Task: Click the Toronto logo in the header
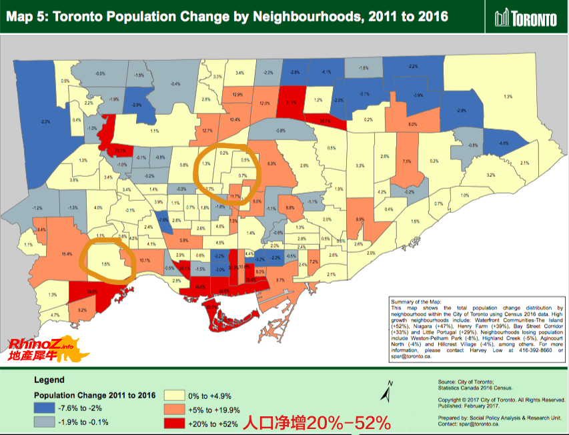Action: tap(526, 18)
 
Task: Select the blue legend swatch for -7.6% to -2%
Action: tap(51, 408)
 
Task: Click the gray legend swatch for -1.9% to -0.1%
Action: tap(51, 422)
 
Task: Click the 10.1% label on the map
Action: tap(145, 261)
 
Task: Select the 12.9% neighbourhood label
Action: tap(237, 95)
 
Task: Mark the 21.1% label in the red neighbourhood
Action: tap(291, 103)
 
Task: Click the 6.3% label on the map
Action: tap(271, 163)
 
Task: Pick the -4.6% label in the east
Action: tap(504, 143)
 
